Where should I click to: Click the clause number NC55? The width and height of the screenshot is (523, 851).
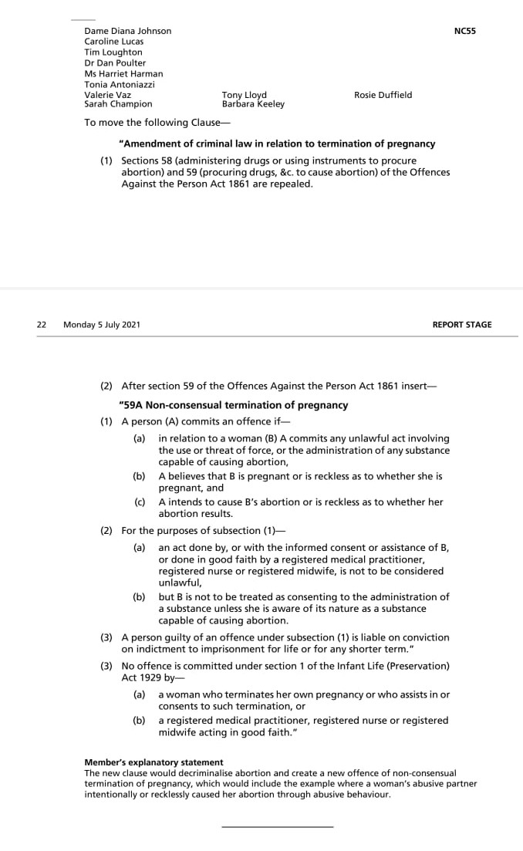point(465,31)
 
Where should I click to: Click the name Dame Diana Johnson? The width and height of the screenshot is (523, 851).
point(128,31)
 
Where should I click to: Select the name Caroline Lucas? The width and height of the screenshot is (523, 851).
point(113,42)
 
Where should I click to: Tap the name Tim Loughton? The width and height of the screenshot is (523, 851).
point(113,52)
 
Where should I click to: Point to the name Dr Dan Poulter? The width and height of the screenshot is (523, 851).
point(115,63)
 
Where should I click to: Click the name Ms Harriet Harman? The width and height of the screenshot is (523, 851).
point(123,74)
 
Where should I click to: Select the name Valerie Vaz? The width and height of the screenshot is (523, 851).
point(107,95)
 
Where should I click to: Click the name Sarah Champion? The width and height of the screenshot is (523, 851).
point(118,104)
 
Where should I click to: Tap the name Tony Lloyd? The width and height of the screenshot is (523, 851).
point(244,95)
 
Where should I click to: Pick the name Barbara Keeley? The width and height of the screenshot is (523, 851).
point(253,104)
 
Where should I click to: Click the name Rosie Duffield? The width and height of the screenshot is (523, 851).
point(383,95)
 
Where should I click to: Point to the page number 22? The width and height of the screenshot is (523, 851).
point(42,325)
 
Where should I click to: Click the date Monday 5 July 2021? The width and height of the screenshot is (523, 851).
point(102,325)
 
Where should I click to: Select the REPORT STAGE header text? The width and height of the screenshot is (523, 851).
point(462,325)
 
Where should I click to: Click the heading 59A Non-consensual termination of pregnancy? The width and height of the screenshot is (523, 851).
point(234,405)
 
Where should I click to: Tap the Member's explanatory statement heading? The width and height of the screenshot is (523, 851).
point(154,762)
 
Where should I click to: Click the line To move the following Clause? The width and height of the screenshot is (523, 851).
point(157,123)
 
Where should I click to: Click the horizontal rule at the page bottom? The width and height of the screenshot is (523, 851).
point(277,826)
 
